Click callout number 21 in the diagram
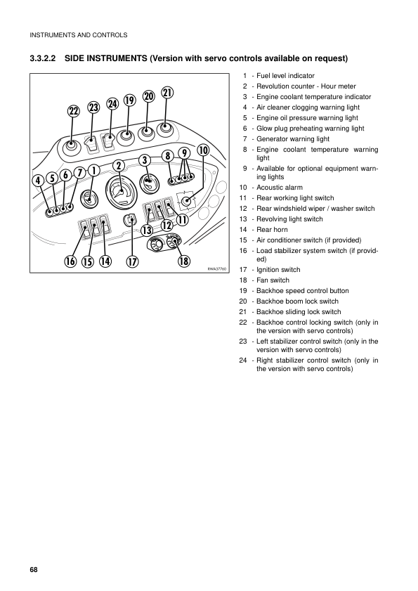tap(167, 93)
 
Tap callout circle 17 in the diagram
tap(132, 261)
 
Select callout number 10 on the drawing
tap(203, 150)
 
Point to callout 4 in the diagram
tap(38, 181)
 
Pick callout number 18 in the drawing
tap(184, 261)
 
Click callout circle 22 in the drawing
tap(74, 111)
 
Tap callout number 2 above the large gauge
tap(118, 165)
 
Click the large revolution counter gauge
tap(120, 193)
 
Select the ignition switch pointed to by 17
tap(131, 220)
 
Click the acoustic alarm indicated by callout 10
tap(186, 201)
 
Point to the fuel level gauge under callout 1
tap(89, 198)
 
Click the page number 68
tap(34, 569)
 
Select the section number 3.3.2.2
tap(43, 58)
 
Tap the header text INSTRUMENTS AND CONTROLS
tap(79, 35)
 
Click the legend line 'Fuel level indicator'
tap(285, 76)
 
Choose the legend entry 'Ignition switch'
tap(278, 270)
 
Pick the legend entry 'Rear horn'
tap(272, 230)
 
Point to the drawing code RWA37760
tap(217, 269)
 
